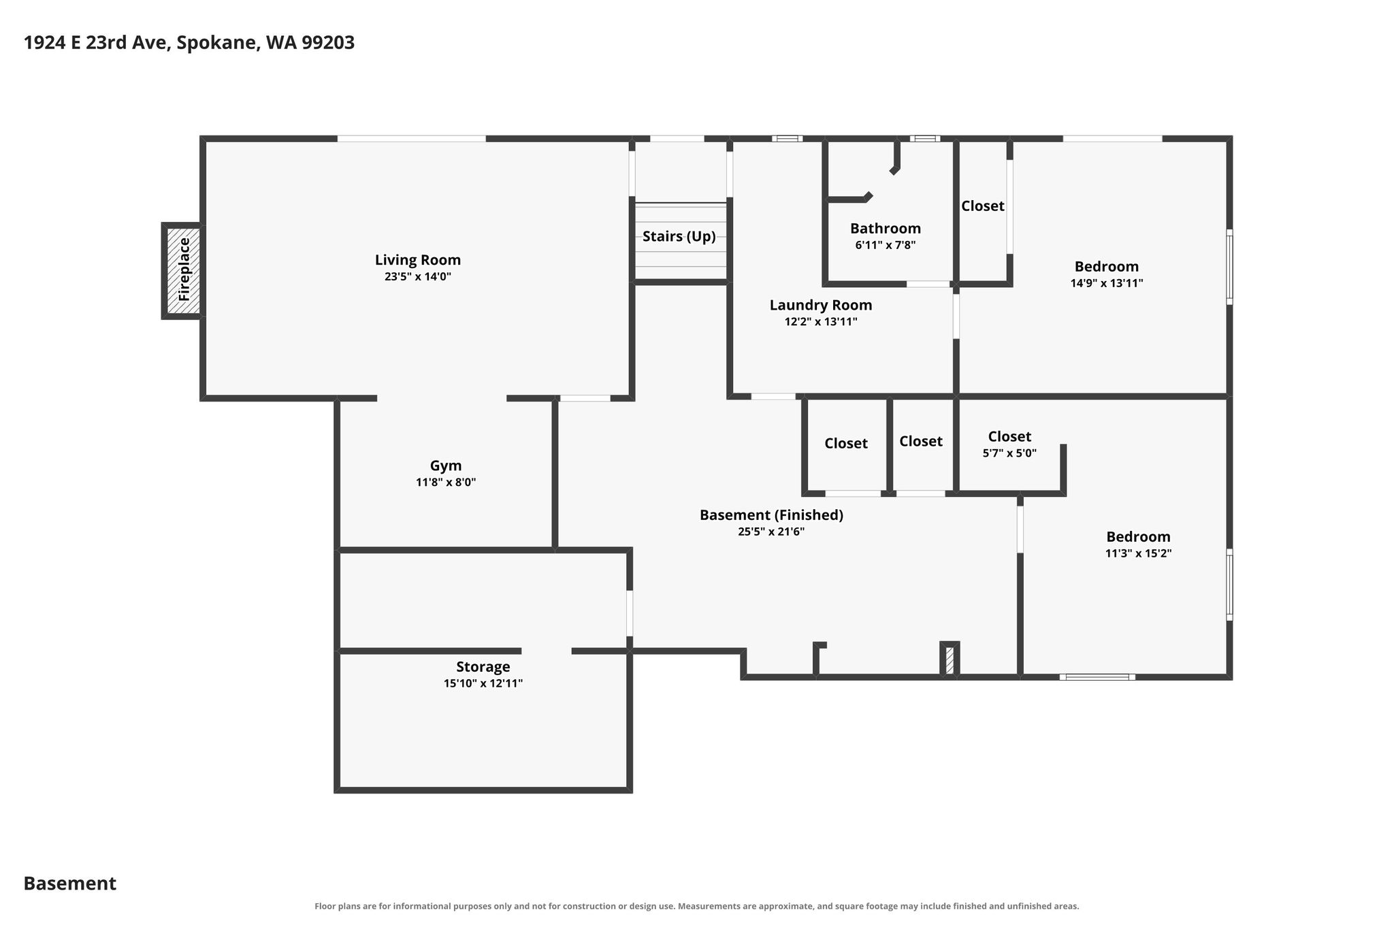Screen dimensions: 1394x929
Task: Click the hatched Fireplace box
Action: point(184,270)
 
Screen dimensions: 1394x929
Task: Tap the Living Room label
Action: point(418,260)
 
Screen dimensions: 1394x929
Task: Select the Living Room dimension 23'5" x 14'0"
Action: point(418,277)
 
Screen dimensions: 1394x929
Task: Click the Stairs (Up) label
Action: point(679,237)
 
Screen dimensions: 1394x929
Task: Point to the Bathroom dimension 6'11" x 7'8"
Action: point(886,245)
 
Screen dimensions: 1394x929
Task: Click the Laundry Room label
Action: point(821,306)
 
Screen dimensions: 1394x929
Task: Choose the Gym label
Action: point(446,466)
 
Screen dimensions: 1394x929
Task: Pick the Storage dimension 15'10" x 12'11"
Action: point(483,683)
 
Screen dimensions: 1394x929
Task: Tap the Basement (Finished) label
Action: point(771,515)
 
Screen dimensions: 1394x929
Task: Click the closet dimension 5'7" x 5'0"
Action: point(1009,453)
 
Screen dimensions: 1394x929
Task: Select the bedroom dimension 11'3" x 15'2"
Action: point(1138,554)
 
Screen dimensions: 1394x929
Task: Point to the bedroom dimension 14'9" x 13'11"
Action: point(1107,283)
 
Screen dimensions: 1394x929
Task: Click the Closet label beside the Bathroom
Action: point(983,206)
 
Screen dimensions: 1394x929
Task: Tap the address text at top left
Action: point(189,43)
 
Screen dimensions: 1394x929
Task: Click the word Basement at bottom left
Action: point(70,883)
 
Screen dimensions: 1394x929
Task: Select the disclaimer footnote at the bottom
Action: point(697,906)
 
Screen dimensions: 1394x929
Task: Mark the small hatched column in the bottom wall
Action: point(950,659)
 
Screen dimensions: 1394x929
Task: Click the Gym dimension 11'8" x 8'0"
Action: point(446,483)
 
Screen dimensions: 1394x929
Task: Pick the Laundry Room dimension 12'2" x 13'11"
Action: point(821,322)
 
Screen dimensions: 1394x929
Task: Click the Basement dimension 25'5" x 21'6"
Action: point(771,532)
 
